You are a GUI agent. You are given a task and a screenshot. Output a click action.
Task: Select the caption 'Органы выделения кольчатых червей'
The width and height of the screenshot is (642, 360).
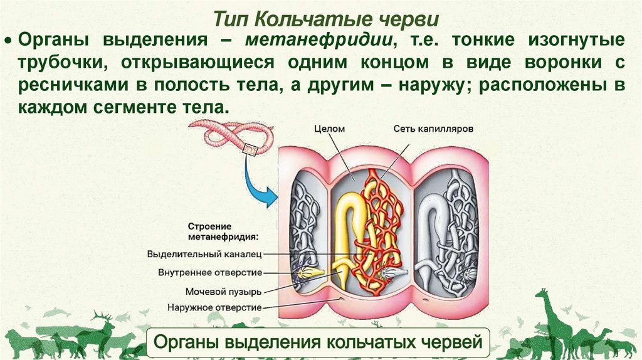point(317,342)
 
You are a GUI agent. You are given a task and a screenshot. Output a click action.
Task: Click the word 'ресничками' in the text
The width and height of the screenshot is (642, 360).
point(63,86)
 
